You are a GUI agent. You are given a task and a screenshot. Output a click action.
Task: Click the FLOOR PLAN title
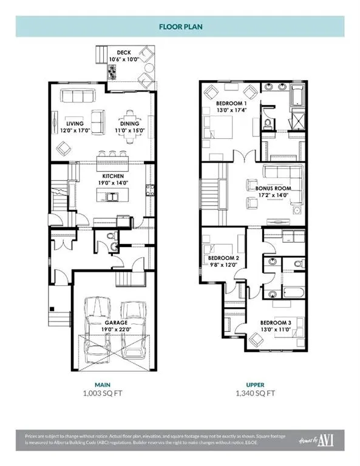point(180,27)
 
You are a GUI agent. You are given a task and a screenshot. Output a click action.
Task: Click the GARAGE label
point(114,323)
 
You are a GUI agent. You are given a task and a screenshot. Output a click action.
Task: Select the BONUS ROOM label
point(269,188)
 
